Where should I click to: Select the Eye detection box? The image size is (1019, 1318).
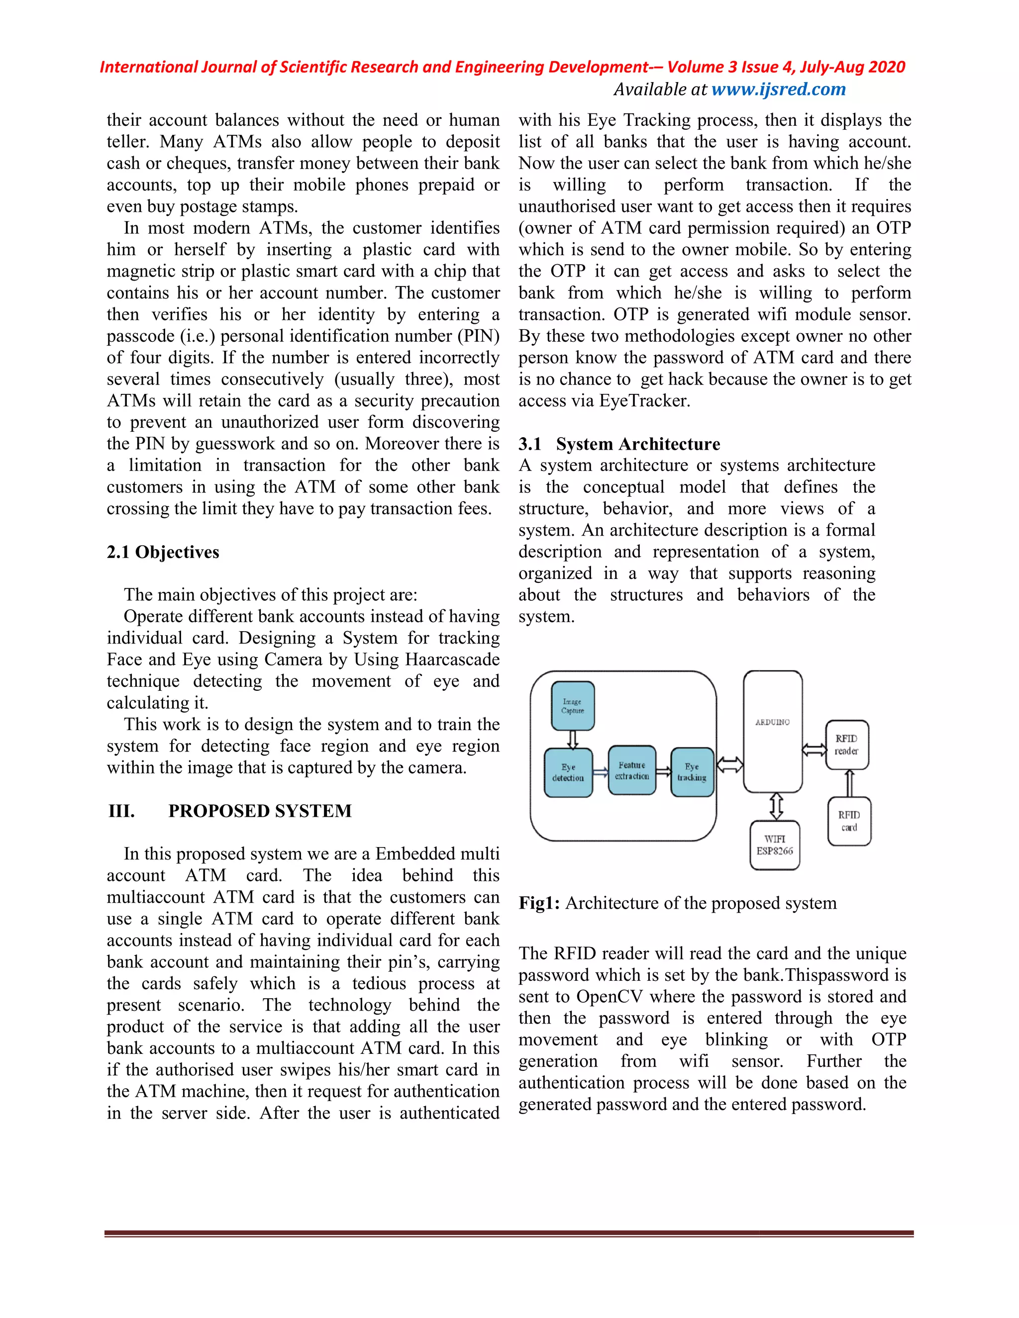(568, 772)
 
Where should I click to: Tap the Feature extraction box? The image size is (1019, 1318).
(632, 770)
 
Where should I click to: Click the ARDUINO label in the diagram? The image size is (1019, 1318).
(772, 722)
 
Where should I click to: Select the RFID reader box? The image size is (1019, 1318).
(846, 745)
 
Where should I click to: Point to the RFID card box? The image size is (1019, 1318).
(849, 821)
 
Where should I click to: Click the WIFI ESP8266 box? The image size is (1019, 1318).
(775, 845)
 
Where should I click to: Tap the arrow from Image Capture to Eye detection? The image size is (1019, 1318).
(573, 739)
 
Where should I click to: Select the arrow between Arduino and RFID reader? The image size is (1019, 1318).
(814, 750)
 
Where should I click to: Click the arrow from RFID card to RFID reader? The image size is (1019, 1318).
(849, 783)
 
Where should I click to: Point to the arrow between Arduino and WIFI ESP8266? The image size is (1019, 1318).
(776, 806)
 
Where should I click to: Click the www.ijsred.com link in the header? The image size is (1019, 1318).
(778, 90)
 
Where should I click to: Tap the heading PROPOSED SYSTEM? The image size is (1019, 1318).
(260, 811)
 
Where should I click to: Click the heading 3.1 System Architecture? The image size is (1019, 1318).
(619, 444)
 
